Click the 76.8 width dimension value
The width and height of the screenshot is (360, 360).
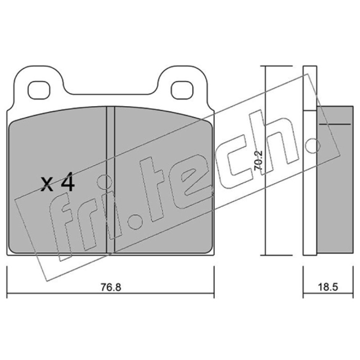111,288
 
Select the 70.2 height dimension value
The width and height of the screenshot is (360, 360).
258,161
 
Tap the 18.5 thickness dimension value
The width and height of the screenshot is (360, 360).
328,287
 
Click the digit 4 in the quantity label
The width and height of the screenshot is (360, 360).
67,182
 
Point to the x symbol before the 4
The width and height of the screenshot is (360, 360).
47,184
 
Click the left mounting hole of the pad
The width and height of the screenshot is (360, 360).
39,90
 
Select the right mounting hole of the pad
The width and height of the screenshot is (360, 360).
182,90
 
